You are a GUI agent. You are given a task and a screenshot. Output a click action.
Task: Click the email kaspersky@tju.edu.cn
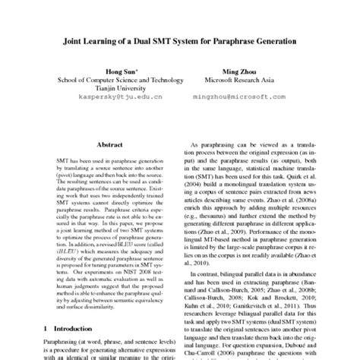(x=112, y=98)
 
